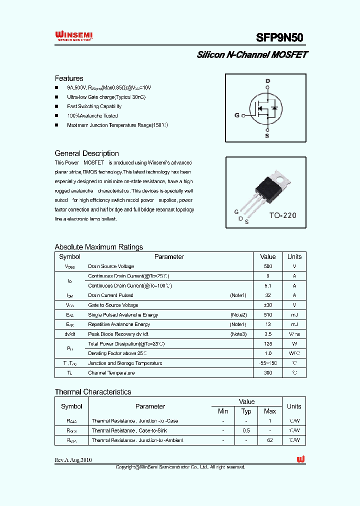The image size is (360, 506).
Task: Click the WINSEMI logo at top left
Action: tap(73, 35)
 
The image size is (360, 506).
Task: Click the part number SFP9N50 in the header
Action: tap(279, 37)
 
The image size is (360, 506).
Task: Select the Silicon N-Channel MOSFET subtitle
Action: tap(252, 55)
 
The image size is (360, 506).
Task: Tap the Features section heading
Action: tap(69, 78)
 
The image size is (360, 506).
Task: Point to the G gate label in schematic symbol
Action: tap(237, 115)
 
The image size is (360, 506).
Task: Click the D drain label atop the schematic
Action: tap(267, 81)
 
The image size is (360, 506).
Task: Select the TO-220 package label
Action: tap(283, 215)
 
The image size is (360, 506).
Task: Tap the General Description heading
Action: tap(86, 153)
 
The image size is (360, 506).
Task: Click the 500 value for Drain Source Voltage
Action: tap(268, 266)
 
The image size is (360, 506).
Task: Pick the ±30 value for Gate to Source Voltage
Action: tap(268, 305)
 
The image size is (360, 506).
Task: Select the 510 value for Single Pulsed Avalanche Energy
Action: tap(268, 315)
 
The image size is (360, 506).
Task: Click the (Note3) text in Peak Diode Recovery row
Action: tap(238, 334)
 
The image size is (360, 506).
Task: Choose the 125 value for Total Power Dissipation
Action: tap(268, 344)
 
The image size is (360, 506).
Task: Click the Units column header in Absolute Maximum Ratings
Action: tap(294, 256)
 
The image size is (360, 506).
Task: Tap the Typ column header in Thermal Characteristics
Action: tap(246, 411)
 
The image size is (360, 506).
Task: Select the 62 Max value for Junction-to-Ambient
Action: tap(269, 440)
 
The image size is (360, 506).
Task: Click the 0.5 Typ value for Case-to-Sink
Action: tap(246, 430)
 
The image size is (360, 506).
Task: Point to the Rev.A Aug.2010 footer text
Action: tap(73, 460)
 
